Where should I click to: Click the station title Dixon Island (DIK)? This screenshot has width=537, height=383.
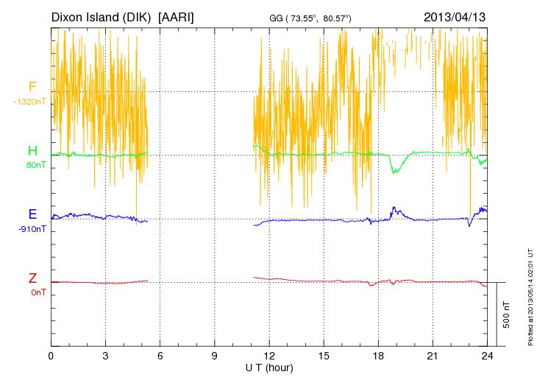click(102, 16)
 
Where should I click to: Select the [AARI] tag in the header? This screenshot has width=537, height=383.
click(177, 16)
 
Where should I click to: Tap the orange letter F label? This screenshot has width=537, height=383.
click(32, 88)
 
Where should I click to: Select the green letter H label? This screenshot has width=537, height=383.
click(32, 151)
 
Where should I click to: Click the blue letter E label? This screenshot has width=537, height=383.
click(32, 215)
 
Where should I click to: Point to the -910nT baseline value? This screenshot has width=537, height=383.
click(32, 229)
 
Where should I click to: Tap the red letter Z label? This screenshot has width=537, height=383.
click(32, 278)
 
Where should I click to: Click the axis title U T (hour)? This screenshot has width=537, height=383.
click(268, 367)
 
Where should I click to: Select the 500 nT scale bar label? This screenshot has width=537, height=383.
click(507, 315)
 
